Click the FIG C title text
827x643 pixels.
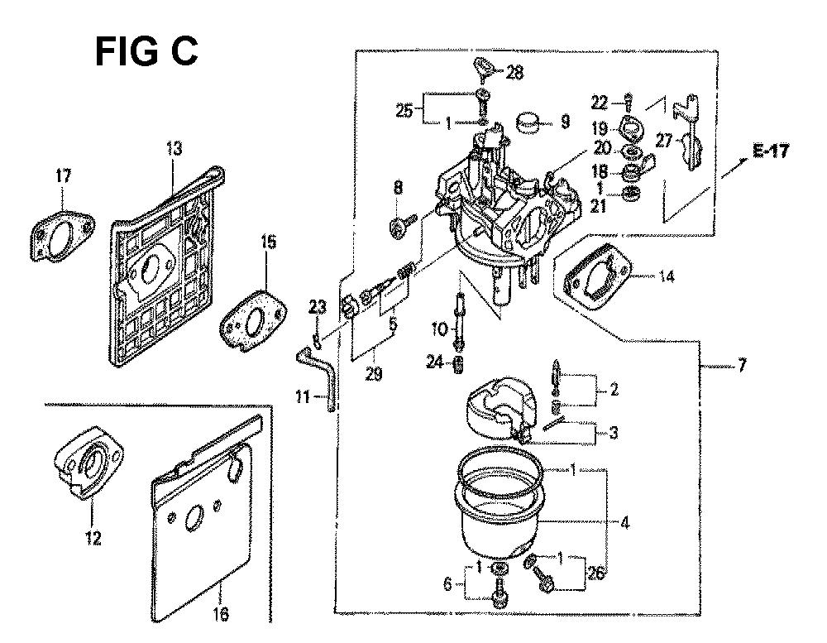click(x=146, y=52)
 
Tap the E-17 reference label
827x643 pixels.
click(x=771, y=151)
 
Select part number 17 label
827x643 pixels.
click(x=63, y=175)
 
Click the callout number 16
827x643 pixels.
click(x=221, y=614)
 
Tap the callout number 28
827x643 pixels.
click(x=514, y=72)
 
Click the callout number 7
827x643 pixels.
click(x=742, y=365)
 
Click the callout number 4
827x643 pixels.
click(x=624, y=523)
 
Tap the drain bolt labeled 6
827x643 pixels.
click(x=499, y=588)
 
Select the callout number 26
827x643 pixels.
click(x=595, y=573)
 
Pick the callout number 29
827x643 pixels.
click(x=374, y=374)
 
